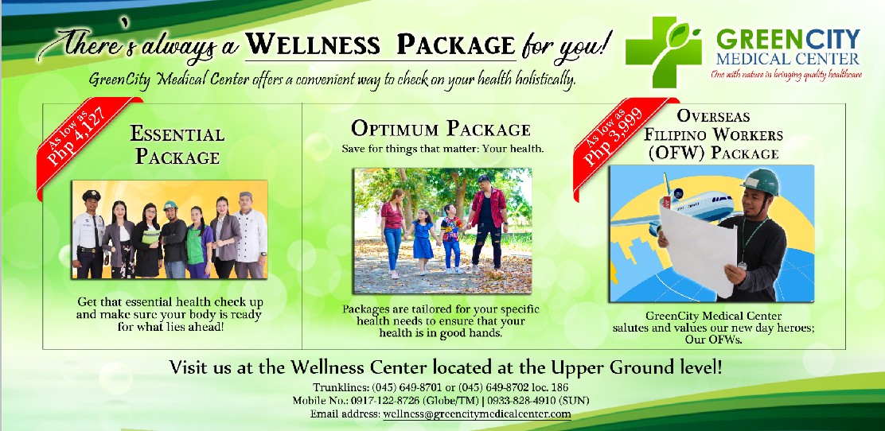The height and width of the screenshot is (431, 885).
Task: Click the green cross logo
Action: click(663, 52)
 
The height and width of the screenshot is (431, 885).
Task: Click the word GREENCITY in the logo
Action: click(788, 40)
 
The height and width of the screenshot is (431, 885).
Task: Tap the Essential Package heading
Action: click(177, 145)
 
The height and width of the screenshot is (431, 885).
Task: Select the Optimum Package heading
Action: click(441, 128)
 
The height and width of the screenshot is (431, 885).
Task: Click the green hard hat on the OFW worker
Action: click(761, 181)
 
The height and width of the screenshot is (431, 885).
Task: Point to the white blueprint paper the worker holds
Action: click(699, 248)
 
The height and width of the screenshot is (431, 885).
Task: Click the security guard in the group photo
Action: click(88, 234)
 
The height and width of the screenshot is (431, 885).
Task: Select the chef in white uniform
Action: click(250, 235)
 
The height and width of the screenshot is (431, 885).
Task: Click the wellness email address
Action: click(477, 414)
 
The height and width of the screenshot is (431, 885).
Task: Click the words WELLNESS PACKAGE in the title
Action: click(380, 44)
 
